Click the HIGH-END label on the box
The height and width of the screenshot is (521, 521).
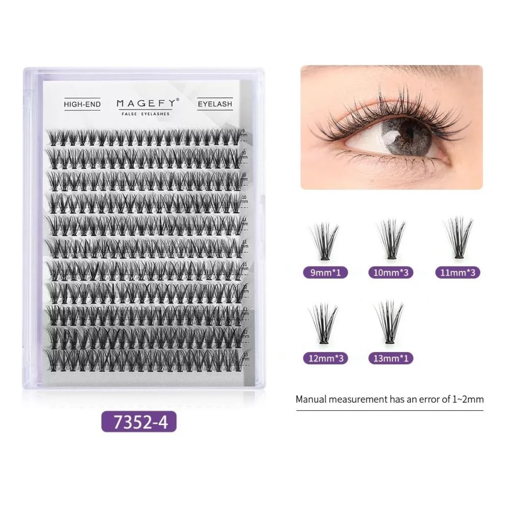tap(82, 104)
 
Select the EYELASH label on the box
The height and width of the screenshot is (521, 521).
tap(215, 104)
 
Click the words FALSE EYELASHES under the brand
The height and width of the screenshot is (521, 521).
tap(146, 114)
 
